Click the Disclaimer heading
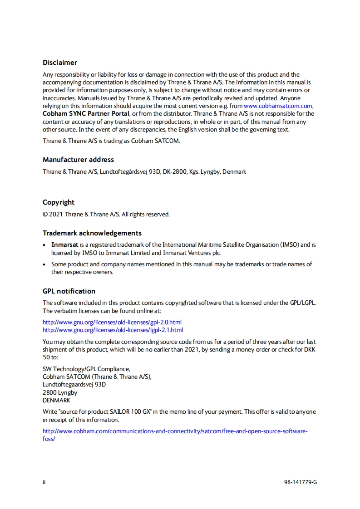tap(60, 63)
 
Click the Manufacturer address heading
tap(78, 160)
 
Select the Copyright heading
tap(59, 202)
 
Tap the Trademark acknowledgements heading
tap(92, 233)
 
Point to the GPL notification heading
tap(69, 291)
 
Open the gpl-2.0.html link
tap(112, 322)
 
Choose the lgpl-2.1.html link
tap(113, 330)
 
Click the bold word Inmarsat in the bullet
tap(65, 245)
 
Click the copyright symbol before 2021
tap(45, 214)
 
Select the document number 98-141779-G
tap(300, 482)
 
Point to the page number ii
tap(44, 482)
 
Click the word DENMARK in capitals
tap(56, 401)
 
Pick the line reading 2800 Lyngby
tap(60, 393)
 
